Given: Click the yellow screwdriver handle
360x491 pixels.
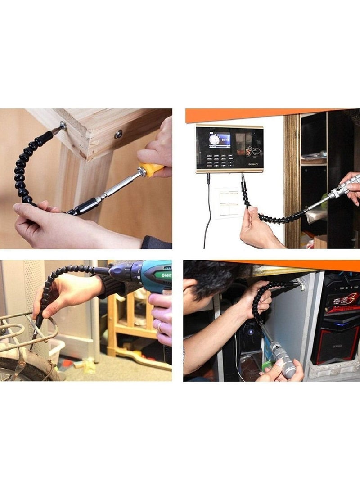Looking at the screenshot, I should point(151,170).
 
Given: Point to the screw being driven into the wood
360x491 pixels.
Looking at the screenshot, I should point(62,126).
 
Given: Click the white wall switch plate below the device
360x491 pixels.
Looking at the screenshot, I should point(229,202).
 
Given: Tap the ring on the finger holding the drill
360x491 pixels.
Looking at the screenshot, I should point(160,327).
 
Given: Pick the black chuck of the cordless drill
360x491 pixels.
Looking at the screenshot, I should point(118,271).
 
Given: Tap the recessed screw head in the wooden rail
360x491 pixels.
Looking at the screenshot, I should point(118,133).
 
